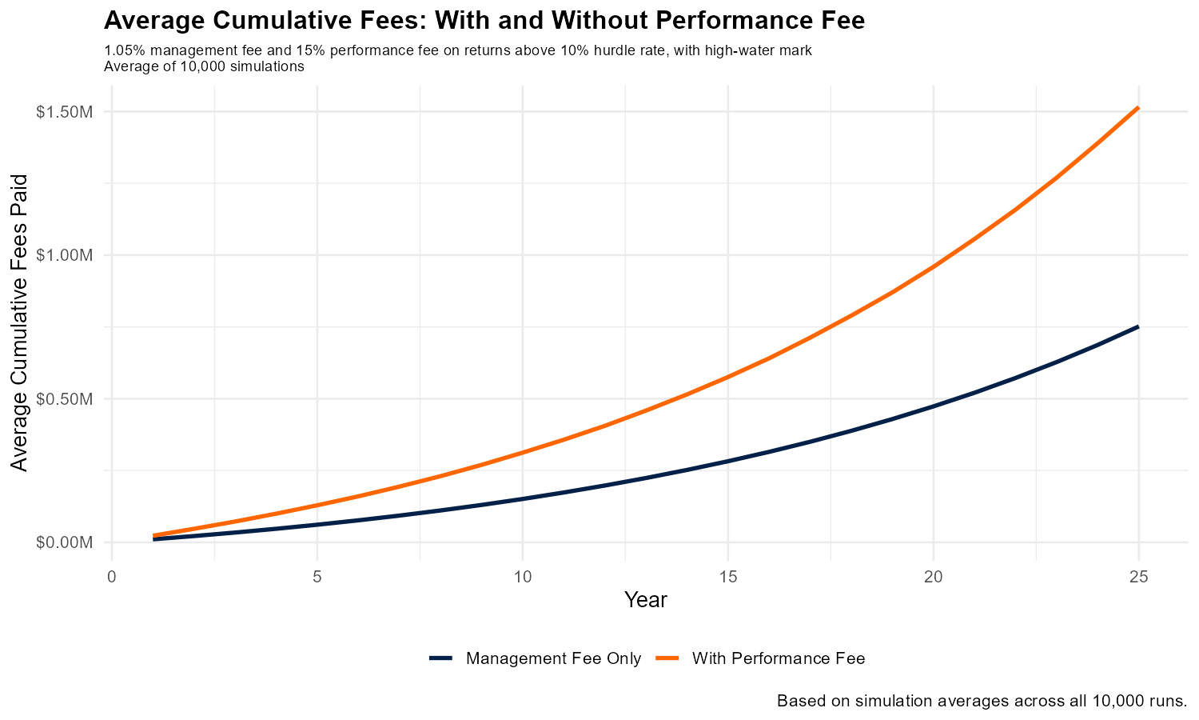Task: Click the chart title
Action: pyautogui.click(x=484, y=21)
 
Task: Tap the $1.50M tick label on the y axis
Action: pyautogui.click(x=65, y=111)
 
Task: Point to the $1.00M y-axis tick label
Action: pyautogui.click(x=65, y=255)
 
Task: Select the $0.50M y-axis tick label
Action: pyautogui.click(x=65, y=398)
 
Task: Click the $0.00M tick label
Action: pyautogui.click(x=65, y=542)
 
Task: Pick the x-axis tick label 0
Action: pyautogui.click(x=112, y=576)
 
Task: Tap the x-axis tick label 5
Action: pyautogui.click(x=317, y=576)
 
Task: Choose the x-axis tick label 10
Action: pyautogui.click(x=522, y=576)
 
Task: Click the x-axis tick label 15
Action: pyautogui.click(x=727, y=576)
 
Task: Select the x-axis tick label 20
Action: pyautogui.click(x=933, y=576)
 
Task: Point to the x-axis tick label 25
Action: pyautogui.click(x=1138, y=576)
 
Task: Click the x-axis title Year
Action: pyautogui.click(x=646, y=600)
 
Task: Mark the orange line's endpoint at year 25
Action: pyautogui.click(x=1137, y=108)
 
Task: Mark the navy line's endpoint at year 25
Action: pyautogui.click(x=1137, y=327)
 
